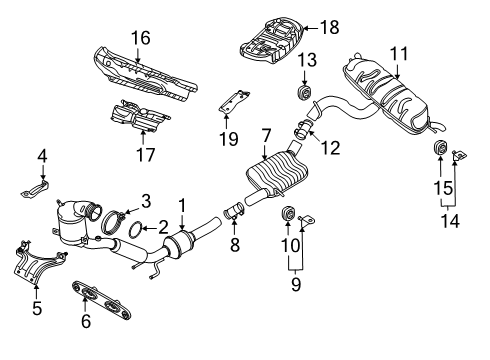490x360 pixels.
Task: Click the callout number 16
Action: click(140, 38)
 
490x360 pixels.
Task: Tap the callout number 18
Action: click(330, 27)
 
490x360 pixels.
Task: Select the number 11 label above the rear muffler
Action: click(399, 54)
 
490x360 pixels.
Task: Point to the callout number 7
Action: click(266, 136)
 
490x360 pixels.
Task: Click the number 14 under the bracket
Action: click(450, 220)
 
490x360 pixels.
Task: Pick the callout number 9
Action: click(296, 284)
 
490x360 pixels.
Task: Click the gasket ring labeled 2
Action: click(135, 231)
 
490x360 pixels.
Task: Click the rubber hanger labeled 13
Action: click(304, 92)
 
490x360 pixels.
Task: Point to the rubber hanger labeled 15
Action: click(440, 148)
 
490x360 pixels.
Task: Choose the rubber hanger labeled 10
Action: click(288, 213)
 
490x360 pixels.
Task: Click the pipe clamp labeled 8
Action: click(233, 211)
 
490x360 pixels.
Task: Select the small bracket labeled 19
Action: click(233, 101)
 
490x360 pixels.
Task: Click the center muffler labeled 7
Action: click(277, 173)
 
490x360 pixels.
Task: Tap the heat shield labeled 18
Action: click(272, 41)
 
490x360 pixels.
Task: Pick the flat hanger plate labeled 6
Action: click(102, 300)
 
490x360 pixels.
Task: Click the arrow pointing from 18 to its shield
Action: click(311, 28)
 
